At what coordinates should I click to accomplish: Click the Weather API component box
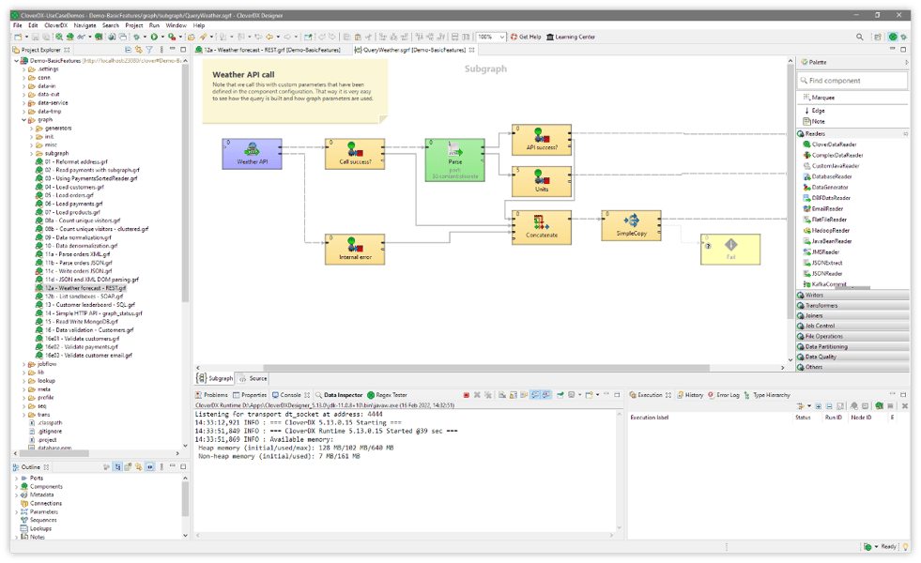252,153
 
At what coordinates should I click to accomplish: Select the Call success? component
354,153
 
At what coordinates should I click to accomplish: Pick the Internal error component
354,250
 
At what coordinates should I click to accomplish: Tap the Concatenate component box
542,227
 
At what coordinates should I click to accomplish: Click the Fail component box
729,249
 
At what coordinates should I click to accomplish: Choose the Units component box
542,181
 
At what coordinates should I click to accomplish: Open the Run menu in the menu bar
155,25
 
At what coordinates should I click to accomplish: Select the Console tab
290,395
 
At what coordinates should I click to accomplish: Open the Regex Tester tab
391,395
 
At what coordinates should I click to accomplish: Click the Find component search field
857,81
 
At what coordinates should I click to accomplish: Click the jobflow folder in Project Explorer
46,363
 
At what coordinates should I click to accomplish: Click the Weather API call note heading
243,74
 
